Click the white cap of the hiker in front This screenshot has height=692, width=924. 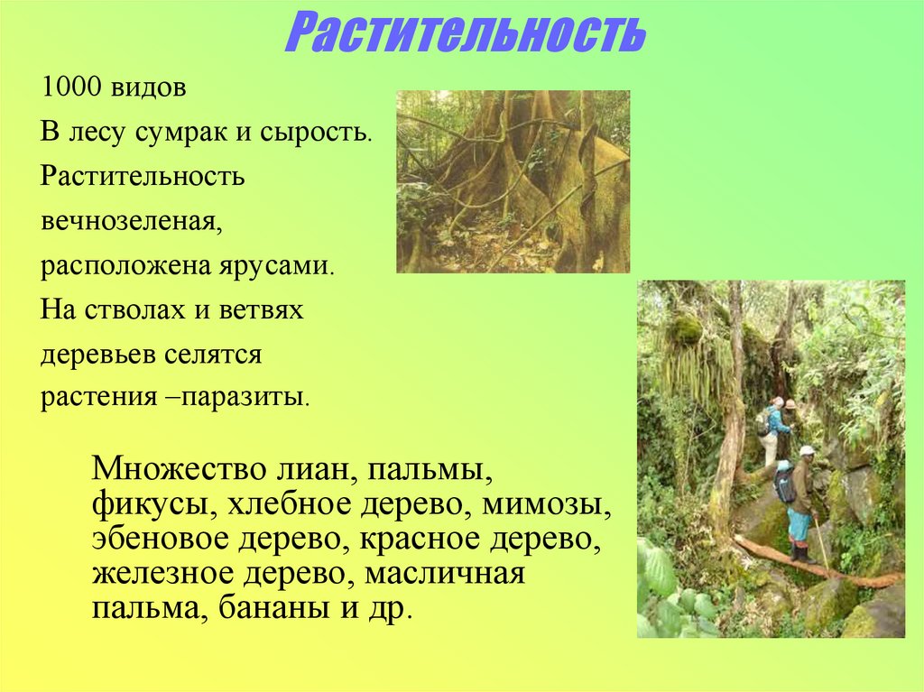click(x=807, y=450)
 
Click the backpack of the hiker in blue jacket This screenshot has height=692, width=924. click(x=762, y=422)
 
